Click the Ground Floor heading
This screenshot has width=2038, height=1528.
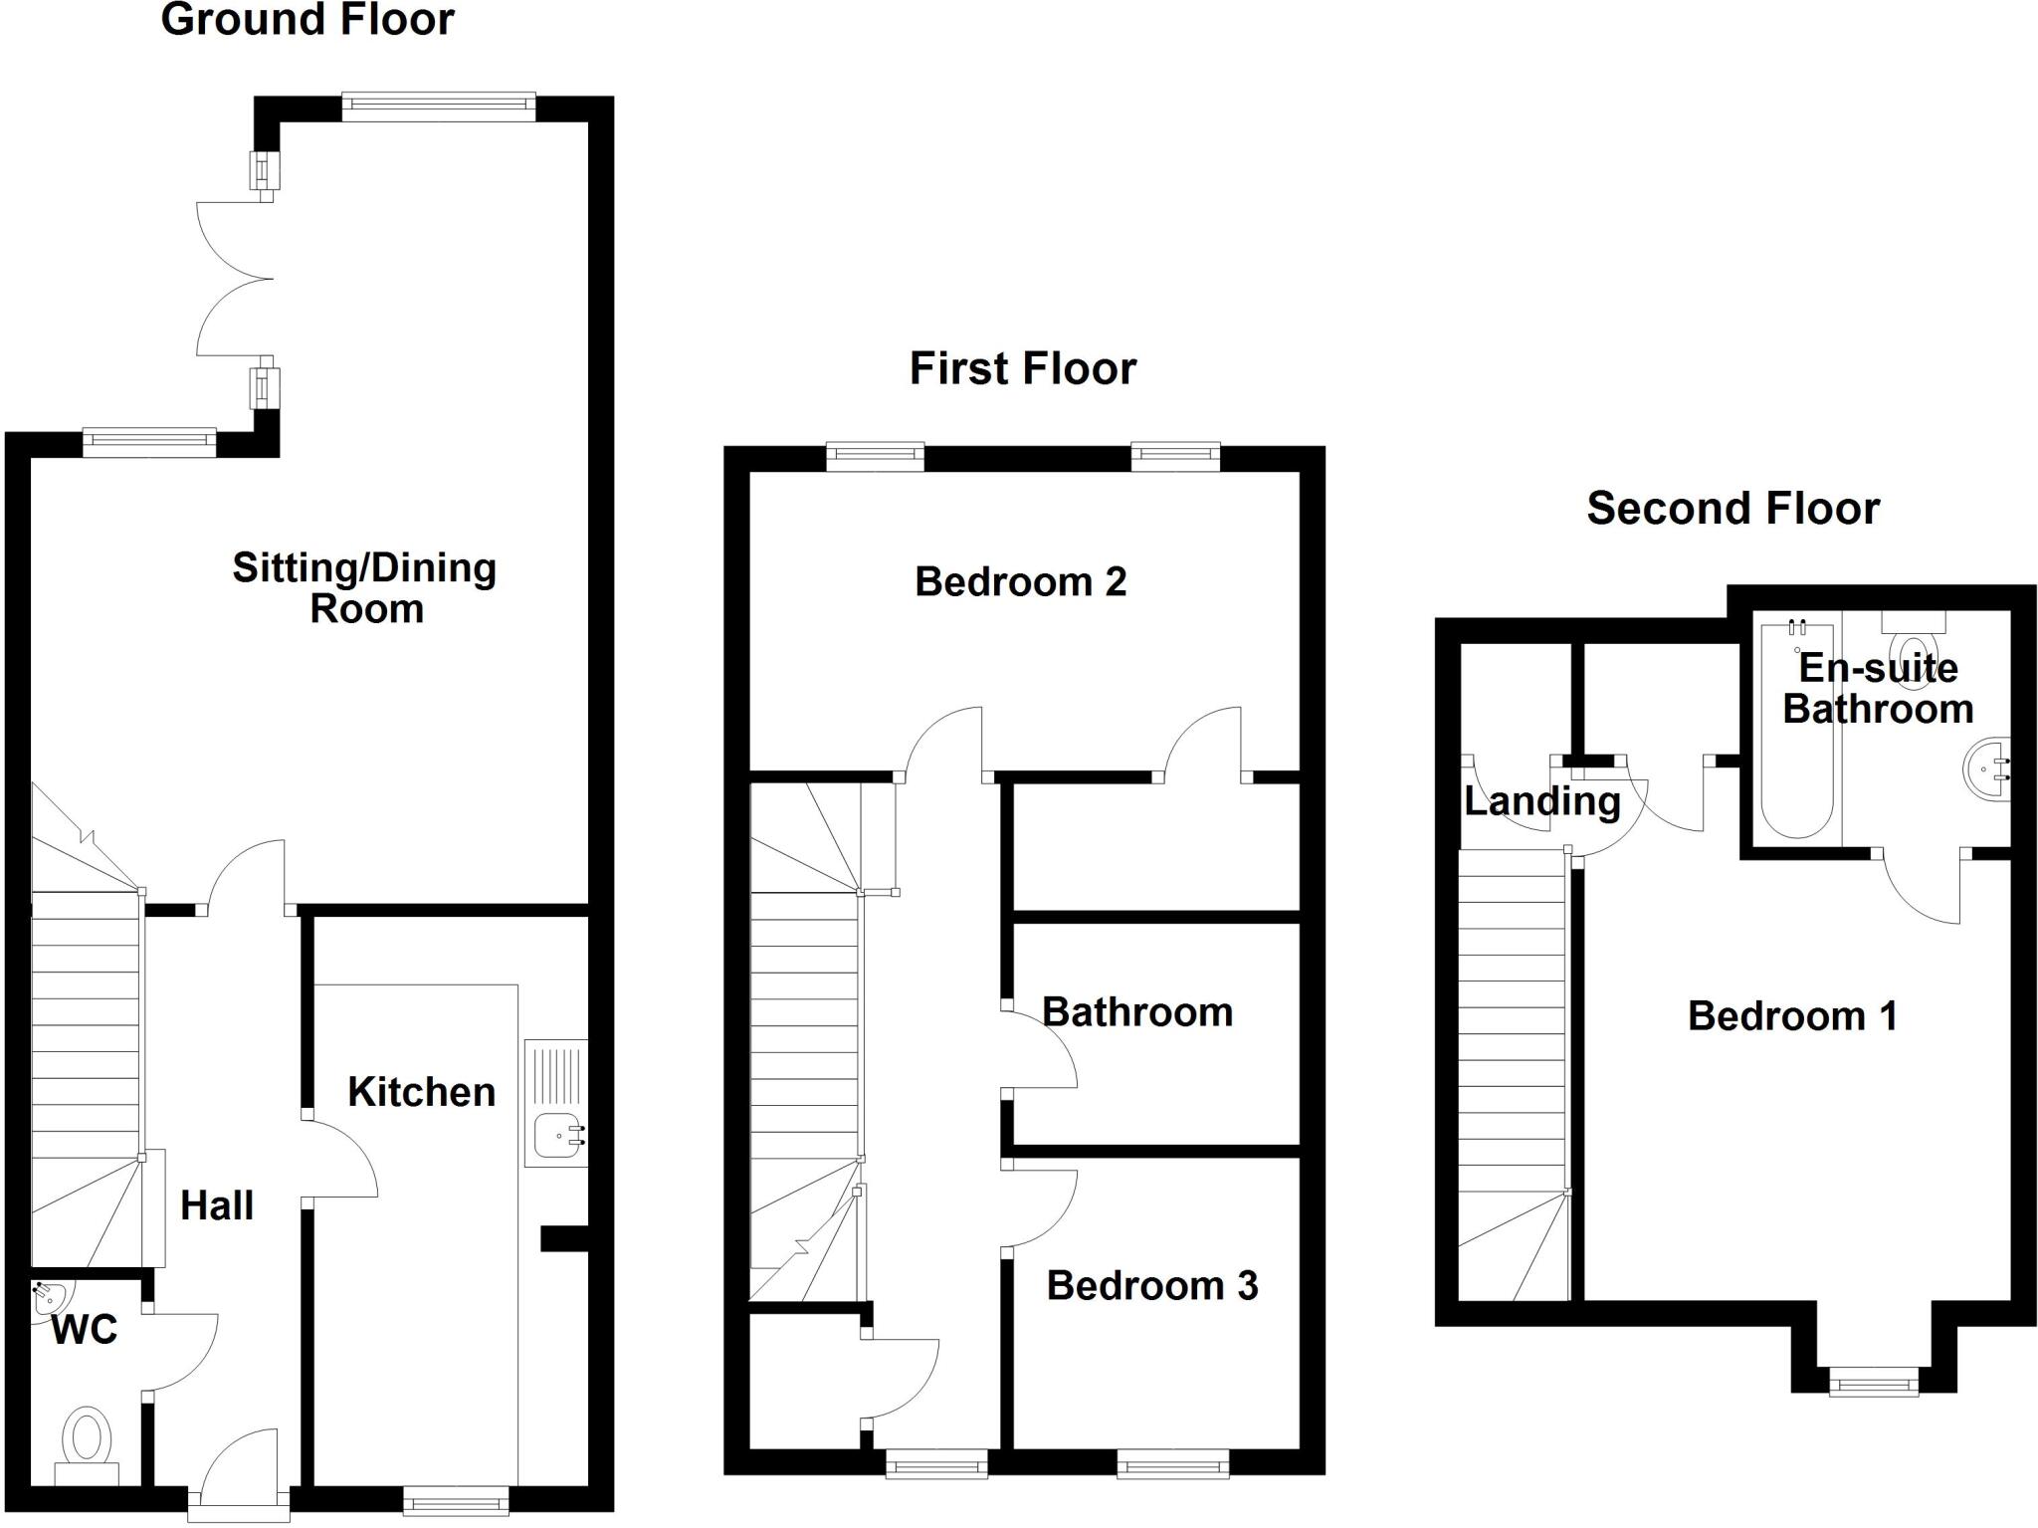click(307, 20)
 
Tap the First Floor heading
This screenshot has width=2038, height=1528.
click(1022, 368)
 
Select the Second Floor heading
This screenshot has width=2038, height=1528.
click(1732, 509)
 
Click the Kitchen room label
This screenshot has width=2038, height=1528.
click(421, 1092)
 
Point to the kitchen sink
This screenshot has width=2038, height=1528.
click(557, 1135)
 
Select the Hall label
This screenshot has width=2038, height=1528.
click(217, 1205)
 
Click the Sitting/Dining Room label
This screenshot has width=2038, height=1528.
click(365, 587)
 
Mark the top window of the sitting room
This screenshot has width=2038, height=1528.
click(438, 107)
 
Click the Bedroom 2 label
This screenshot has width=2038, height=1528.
click(1020, 581)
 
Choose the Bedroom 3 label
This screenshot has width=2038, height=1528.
click(1151, 1286)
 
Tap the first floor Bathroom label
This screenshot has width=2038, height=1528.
click(1136, 1012)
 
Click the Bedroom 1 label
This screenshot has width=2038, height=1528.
click(1792, 1016)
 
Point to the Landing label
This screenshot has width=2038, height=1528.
click(1541, 801)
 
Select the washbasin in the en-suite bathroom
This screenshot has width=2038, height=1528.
click(1987, 769)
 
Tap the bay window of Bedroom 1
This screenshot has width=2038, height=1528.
click(1874, 1382)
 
